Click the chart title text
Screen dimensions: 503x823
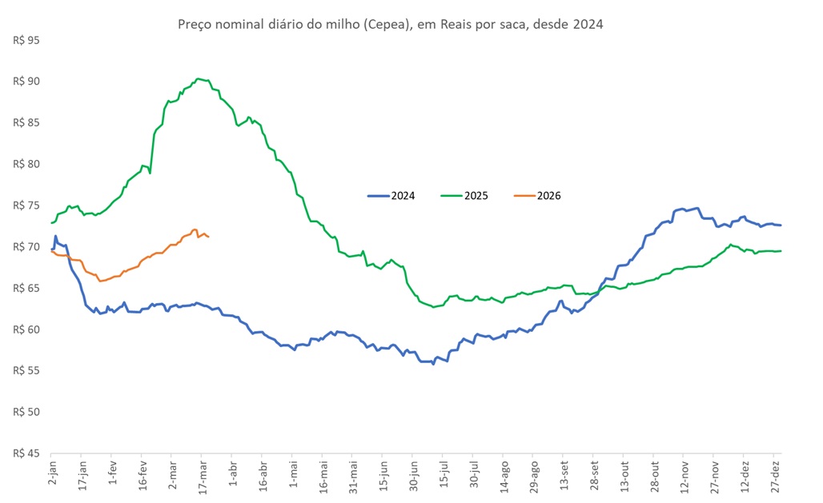[389, 24]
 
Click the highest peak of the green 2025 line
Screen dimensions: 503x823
[198, 78]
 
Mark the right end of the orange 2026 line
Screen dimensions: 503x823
[209, 237]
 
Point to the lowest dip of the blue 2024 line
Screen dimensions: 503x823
[433, 364]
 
